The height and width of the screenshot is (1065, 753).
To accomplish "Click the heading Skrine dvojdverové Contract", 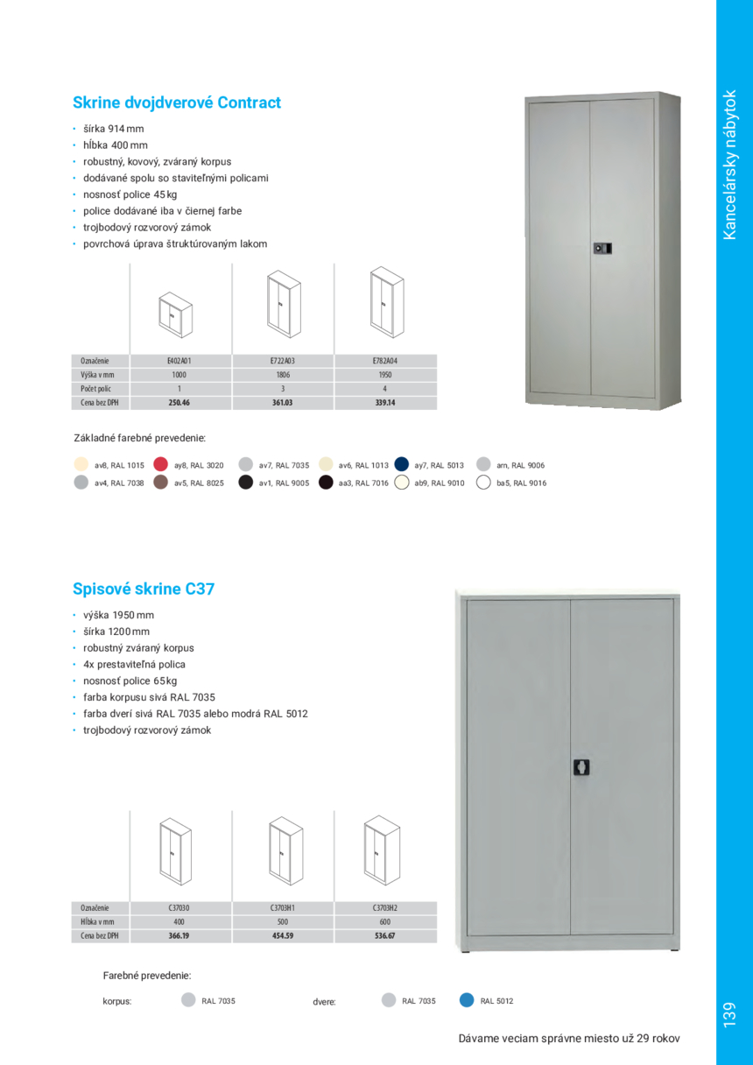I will point(177,102).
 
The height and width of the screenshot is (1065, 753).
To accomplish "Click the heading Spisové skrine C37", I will point(144,589).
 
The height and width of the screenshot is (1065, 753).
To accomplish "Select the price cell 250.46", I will point(179,403).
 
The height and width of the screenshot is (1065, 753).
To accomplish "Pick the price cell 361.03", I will point(283,403).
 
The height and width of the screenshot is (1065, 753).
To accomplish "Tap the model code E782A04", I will point(385,360).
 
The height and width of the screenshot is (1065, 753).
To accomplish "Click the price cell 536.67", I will point(385,936).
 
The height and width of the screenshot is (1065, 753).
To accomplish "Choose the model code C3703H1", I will point(283,908).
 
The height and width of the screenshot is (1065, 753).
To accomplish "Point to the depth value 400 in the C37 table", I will point(179,922).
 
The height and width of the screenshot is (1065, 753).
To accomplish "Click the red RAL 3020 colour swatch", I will point(160,464).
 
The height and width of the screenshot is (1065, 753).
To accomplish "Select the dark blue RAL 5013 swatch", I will point(402,464).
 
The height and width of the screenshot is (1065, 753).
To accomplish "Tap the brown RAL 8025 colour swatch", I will point(160,482).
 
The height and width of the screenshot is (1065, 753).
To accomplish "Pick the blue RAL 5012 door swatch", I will point(467,1000).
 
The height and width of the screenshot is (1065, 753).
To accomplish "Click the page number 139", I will point(733,1015).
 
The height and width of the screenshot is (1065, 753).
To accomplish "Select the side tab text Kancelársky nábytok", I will point(733,164).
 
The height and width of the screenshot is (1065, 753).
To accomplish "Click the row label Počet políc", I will point(95,388).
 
